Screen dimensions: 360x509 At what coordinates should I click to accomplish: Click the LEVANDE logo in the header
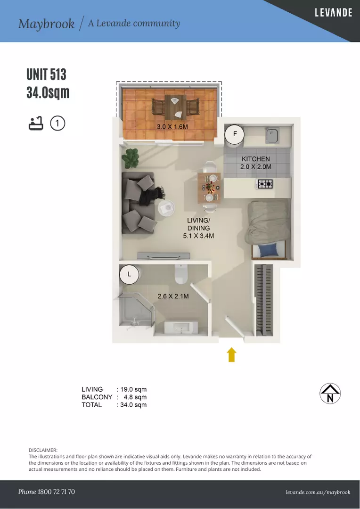[334, 13]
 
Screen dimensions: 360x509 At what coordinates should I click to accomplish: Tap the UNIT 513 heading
[47, 74]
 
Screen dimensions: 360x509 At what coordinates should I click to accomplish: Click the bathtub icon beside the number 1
[36, 123]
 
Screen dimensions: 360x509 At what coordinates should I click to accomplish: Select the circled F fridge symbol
[235, 134]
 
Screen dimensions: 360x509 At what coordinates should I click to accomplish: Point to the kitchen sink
[272, 135]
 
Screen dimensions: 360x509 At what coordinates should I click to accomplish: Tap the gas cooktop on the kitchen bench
[265, 184]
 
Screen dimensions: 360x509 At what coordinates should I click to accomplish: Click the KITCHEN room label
[256, 159]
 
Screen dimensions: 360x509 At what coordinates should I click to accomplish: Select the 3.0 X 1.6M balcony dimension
[172, 127]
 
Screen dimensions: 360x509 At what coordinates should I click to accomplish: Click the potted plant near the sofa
[130, 158]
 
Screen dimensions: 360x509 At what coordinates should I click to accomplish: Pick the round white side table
[166, 207]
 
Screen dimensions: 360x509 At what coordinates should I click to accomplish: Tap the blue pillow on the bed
[269, 250]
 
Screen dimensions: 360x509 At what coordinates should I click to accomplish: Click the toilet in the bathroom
[181, 274]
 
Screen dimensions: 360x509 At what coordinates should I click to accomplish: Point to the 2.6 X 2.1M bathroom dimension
[173, 296]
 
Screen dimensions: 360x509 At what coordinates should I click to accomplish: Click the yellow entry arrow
[231, 354]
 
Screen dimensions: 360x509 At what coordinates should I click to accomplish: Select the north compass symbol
[330, 394]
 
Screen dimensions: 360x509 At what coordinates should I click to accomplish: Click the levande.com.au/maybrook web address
[318, 492]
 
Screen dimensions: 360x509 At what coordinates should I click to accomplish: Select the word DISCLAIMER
[43, 450]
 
